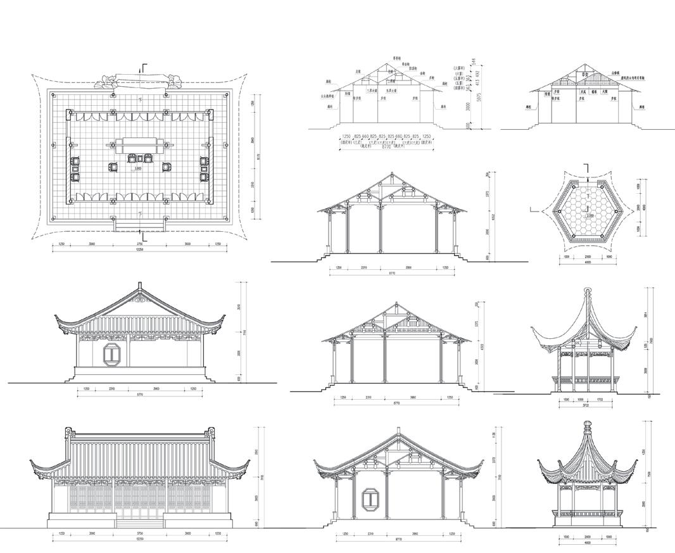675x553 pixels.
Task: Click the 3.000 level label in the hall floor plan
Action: coord(137,168)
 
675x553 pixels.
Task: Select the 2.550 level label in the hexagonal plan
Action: coord(590,215)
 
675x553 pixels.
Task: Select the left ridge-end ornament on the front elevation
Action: coord(68,434)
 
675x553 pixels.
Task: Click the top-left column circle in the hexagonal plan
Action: coord(574,187)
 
